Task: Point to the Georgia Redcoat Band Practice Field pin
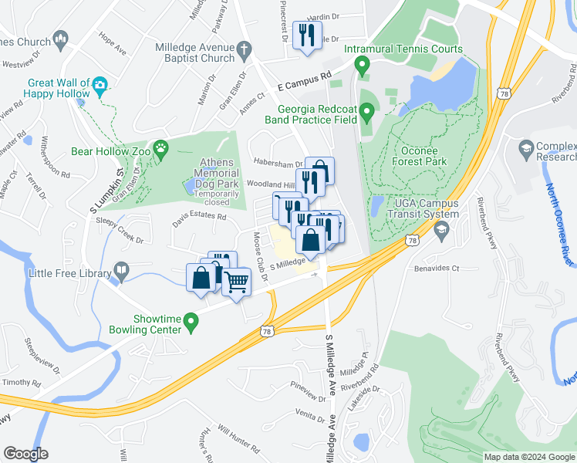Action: click(367, 114)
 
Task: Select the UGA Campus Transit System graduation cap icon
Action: click(442, 229)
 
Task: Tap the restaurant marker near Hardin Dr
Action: click(307, 35)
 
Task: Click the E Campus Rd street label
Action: click(304, 76)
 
